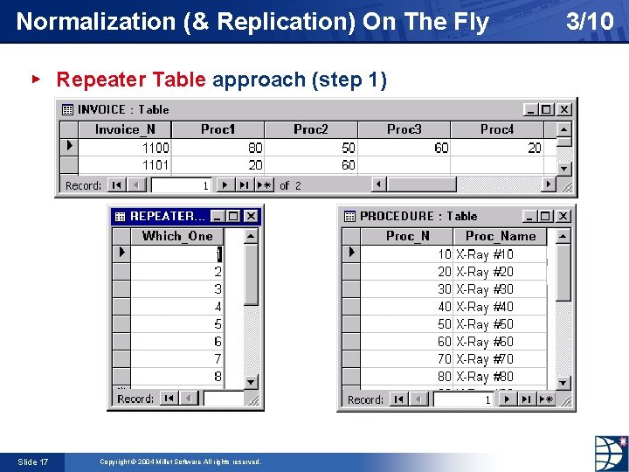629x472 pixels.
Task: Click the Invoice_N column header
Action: (x=124, y=129)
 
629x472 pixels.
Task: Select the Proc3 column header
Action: (x=404, y=129)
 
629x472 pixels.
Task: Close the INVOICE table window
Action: (x=563, y=109)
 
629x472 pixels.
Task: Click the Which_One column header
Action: (x=176, y=236)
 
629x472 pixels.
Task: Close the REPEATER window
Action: (x=252, y=216)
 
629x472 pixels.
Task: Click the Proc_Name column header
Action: (x=501, y=236)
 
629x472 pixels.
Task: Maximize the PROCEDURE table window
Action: (x=546, y=216)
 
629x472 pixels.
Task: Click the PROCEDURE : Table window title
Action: (x=418, y=216)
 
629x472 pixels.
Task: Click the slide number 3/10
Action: (x=590, y=21)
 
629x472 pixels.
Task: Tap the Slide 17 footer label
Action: (x=33, y=462)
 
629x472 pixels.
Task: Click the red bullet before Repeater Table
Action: (x=36, y=79)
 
